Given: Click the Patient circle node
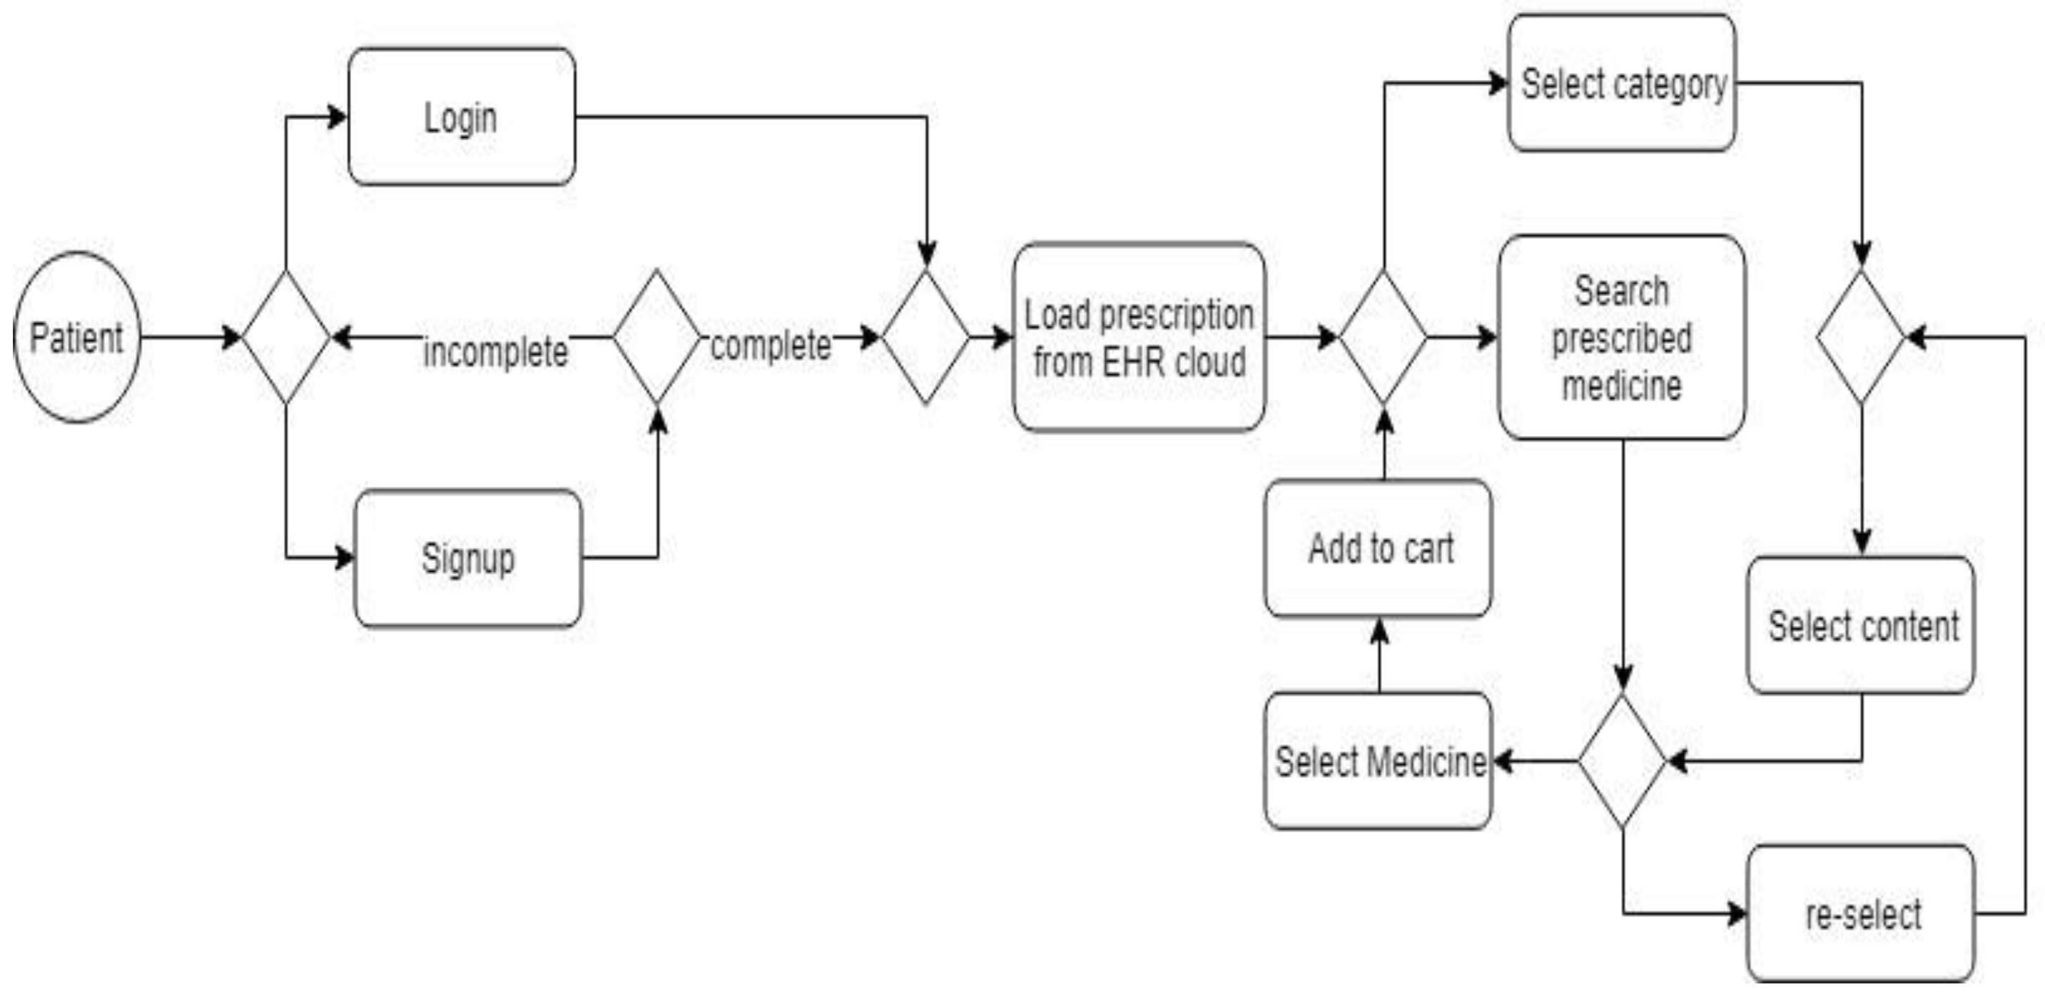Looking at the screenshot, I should pos(77,338).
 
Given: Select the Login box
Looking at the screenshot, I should pos(461,117).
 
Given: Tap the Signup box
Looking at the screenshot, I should pos(467,558).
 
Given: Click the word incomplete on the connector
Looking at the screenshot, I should pos(495,352).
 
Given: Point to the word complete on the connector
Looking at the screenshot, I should pos(770,345).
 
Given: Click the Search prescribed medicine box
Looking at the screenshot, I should pos(1621,338).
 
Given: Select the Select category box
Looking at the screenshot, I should pos(1622,83).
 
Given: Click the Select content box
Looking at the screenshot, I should pos(1862,625).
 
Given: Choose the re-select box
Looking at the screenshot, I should pos(1862,913).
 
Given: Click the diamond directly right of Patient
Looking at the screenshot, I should pos(286,338).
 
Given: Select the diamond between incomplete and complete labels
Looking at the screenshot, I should pos(656,338).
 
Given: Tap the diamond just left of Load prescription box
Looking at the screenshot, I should pos(925,338).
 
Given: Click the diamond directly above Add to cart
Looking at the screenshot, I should pos(1384,338).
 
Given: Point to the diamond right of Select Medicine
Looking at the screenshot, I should pos(1622,761).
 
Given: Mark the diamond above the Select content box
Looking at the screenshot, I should pos(1862,338).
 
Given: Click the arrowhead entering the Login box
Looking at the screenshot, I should pos(338,117).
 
